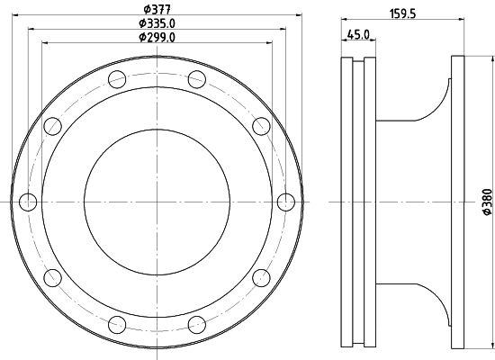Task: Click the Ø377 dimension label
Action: click(157, 9)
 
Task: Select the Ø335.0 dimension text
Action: click(157, 23)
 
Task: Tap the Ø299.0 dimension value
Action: click(157, 37)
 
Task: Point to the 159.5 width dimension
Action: click(403, 13)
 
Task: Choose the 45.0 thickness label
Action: click(358, 34)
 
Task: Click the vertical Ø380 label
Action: click(488, 202)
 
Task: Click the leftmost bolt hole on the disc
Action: click(28, 202)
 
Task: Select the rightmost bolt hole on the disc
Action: click(286, 202)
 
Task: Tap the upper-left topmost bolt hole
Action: click(117, 79)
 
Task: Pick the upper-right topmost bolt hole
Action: click(197, 79)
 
